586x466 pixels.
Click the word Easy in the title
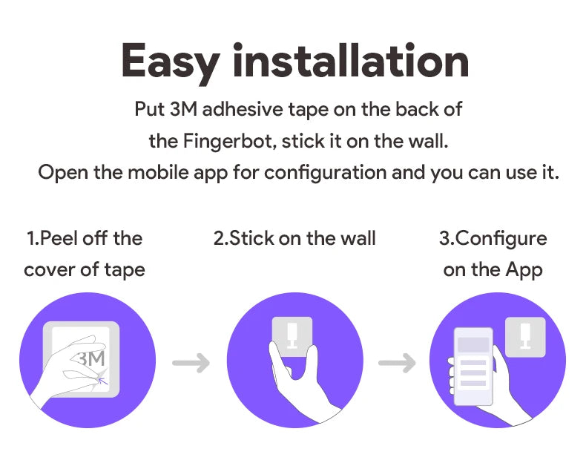pyautogui.click(x=170, y=62)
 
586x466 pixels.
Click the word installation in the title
pyautogui.click(x=350, y=62)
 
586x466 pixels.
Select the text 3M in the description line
pyautogui.click(x=182, y=109)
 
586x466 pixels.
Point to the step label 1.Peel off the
pyautogui.click(x=85, y=238)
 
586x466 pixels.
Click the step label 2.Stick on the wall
pyautogui.click(x=294, y=238)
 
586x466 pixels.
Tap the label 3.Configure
pyautogui.click(x=493, y=238)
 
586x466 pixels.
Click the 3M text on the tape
pyautogui.click(x=92, y=358)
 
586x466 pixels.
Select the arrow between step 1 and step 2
pyautogui.click(x=191, y=364)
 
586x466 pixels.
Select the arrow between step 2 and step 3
pyautogui.click(x=397, y=364)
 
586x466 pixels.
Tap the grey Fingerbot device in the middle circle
pyautogui.click(x=292, y=335)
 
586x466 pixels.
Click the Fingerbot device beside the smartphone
pyautogui.click(x=524, y=336)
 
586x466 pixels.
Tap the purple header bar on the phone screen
pyautogui.click(x=473, y=345)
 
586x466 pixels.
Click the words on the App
pyautogui.click(x=493, y=269)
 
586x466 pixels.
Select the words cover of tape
pyautogui.click(x=85, y=269)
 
